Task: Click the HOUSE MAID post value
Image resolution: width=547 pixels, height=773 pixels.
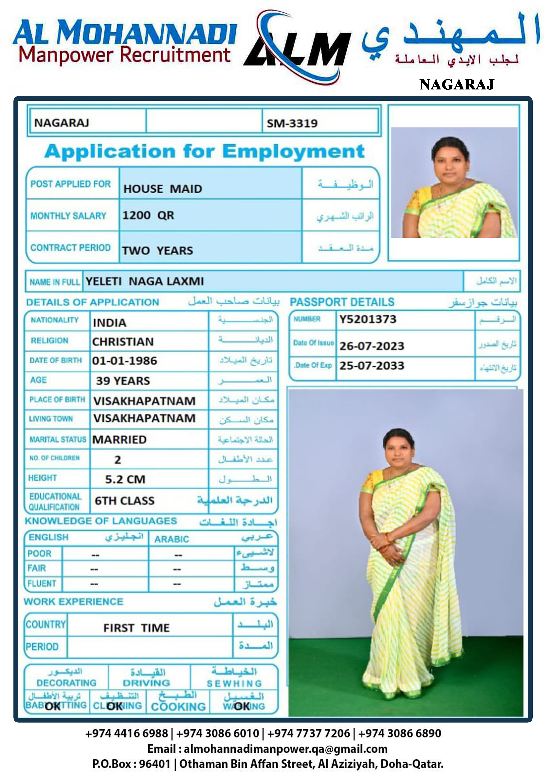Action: click(163, 189)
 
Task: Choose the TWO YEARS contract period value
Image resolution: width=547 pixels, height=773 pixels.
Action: click(157, 251)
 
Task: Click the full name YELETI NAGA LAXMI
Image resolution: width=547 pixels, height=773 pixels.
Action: click(145, 281)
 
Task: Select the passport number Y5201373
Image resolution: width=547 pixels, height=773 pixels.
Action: click(368, 319)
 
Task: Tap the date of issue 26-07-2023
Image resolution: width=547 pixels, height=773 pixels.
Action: click(372, 346)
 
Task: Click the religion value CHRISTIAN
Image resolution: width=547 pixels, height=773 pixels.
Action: click(123, 342)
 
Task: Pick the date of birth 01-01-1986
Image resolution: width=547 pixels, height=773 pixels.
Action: click(125, 361)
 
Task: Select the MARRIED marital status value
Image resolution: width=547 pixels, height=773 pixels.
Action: click(120, 440)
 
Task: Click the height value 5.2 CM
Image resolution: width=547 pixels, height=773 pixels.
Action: click(125, 479)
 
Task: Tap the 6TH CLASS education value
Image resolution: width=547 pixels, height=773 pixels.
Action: click(124, 501)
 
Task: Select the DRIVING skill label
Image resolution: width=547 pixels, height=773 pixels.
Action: click(146, 683)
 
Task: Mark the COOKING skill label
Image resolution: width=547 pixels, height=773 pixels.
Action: click(178, 707)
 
